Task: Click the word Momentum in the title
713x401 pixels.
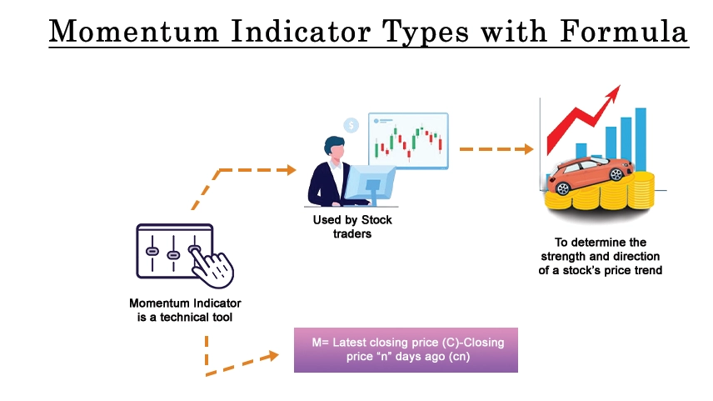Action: click(134, 31)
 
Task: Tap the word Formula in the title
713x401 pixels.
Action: click(624, 31)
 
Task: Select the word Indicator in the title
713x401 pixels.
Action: click(301, 31)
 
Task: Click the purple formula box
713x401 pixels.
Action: click(406, 349)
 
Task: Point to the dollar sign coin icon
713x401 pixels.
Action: click(351, 125)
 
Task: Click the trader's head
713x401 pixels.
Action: click(335, 148)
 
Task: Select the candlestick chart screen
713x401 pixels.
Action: click(408, 141)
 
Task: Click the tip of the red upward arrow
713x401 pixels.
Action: click(620, 86)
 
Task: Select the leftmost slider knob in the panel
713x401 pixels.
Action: click(152, 251)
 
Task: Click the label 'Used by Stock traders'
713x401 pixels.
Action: click(352, 227)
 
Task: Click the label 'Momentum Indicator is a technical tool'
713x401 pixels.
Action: click(185, 310)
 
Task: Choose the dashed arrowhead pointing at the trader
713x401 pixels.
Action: click(291, 170)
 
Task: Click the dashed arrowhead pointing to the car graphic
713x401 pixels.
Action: click(527, 149)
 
